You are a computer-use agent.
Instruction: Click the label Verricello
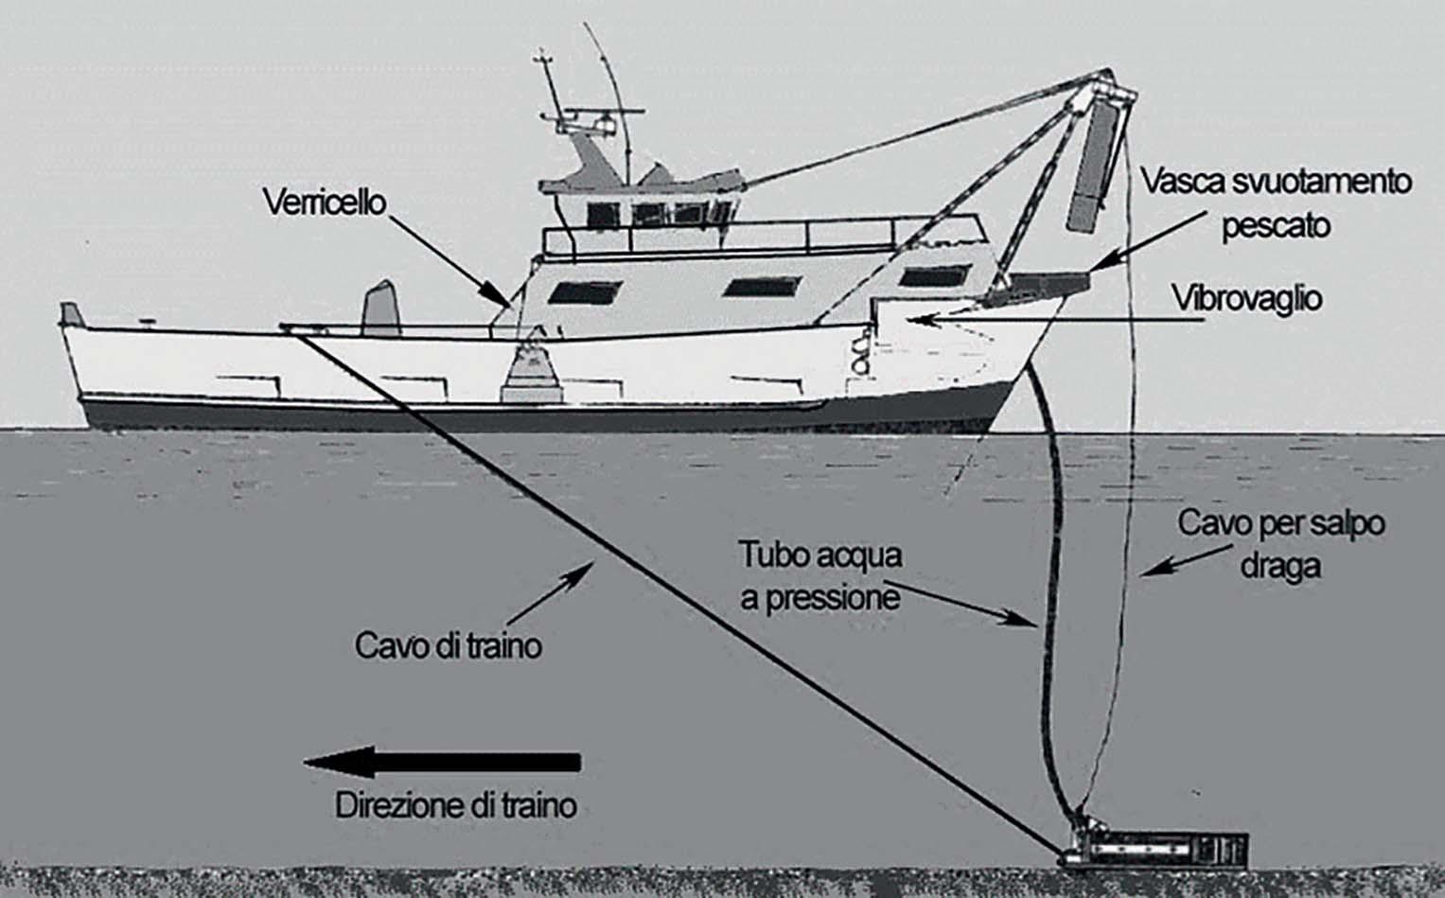click(x=325, y=202)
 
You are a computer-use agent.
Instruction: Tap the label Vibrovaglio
click(x=1246, y=298)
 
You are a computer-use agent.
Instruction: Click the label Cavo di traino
click(x=448, y=645)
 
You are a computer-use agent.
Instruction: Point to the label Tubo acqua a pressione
click(x=819, y=576)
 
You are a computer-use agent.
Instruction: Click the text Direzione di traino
click(x=456, y=806)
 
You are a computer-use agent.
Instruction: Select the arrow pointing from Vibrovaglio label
click(x=1041, y=320)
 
